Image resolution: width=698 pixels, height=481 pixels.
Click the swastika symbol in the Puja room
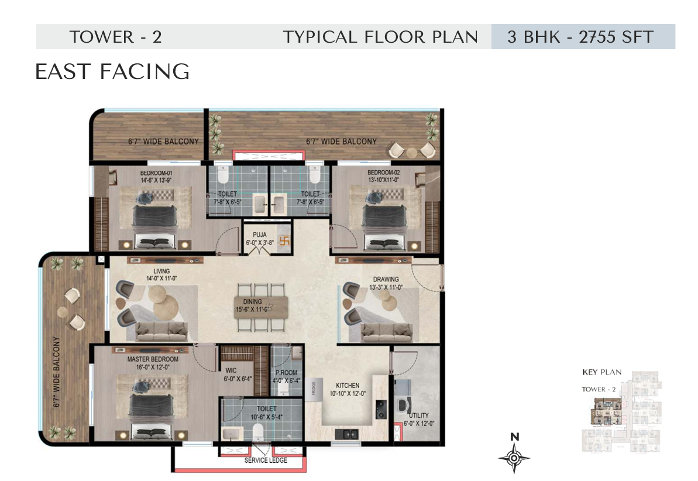[x=284, y=242]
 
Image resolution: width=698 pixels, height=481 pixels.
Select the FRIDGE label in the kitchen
[x=314, y=387]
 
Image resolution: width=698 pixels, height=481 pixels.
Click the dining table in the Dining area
[x=262, y=307]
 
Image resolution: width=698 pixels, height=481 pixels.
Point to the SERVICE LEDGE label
[x=266, y=460]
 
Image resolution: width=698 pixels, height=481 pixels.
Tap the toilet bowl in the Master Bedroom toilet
[x=258, y=432]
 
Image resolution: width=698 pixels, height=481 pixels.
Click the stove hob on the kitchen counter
[x=381, y=409]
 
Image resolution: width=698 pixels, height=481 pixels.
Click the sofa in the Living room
[x=161, y=331]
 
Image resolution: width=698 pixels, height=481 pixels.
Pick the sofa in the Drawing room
[x=387, y=332]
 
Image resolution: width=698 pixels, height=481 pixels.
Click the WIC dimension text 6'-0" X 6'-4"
[x=238, y=379]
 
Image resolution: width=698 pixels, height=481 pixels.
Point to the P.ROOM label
[x=286, y=372]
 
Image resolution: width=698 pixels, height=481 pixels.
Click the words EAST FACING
[x=112, y=72]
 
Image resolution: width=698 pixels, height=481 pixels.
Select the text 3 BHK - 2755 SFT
[x=580, y=36]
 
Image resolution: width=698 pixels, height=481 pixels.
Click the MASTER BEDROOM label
[x=153, y=359]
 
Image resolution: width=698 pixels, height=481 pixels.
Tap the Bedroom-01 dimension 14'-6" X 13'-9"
[x=156, y=180]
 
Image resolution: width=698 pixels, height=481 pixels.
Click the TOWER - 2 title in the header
[x=115, y=36]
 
